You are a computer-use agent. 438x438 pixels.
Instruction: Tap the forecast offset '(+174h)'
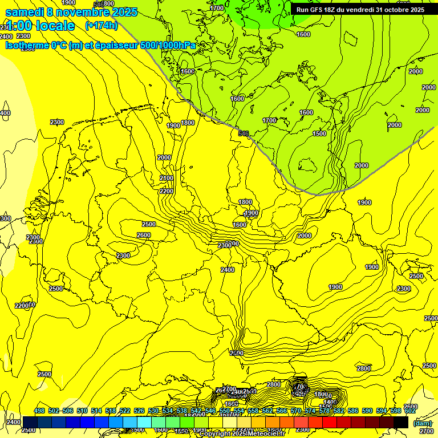pyautogui.click(x=101, y=26)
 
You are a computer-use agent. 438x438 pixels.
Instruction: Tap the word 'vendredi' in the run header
pyautogui.click(x=358, y=10)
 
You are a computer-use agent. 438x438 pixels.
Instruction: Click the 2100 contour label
pyautogui.click(x=166, y=179)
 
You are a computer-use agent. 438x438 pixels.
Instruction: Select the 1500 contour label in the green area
pyautogui.click(x=319, y=133)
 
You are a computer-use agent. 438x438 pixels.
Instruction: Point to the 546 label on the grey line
pyautogui.click(x=244, y=133)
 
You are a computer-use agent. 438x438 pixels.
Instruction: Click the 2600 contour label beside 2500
pyautogui.click(x=144, y=236)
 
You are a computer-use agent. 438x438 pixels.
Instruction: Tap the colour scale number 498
pyautogui.click(x=39, y=411)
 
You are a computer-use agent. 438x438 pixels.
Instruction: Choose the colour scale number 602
pyautogui.click(x=409, y=411)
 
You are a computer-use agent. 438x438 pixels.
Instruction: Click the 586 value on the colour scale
pyautogui.click(x=353, y=411)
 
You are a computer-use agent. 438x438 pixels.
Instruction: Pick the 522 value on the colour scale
pyautogui.click(x=125, y=411)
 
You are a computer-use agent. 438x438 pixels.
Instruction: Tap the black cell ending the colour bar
pyautogui.click(x=401, y=422)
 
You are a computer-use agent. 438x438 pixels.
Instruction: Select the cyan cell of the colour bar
pyautogui.click(x=144, y=422)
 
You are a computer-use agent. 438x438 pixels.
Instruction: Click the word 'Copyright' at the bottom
pyautogui.click(x=215, y=434)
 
